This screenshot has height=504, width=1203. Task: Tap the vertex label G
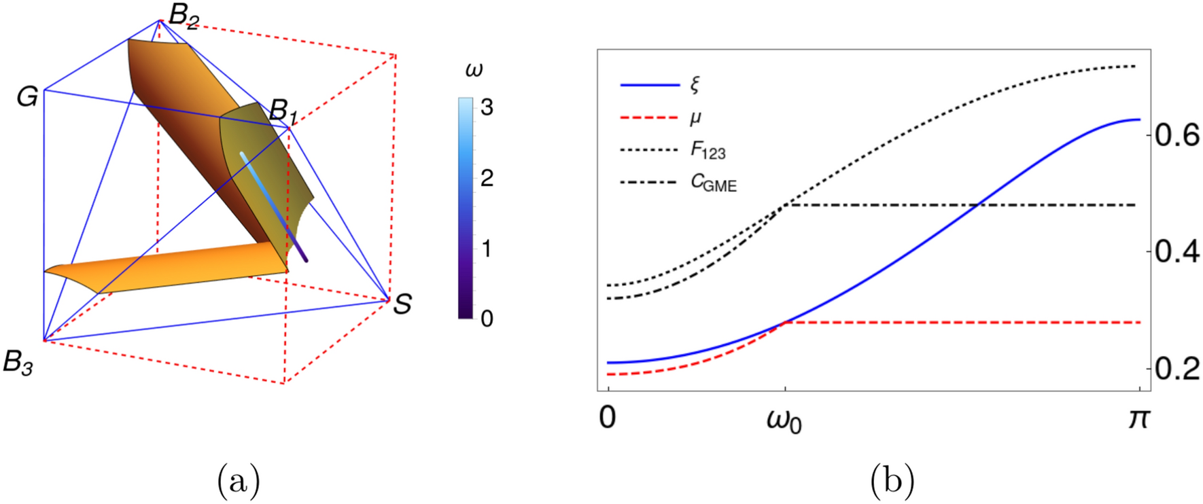[x=27, y=97]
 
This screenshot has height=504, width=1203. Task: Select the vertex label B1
[x=283, y=111]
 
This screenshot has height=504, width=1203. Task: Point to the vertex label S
[x=402, y=304]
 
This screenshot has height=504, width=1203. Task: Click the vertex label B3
[x=18, y=363]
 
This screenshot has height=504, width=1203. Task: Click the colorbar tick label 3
[x=487, y=107]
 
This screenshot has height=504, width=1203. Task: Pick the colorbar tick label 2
[x=487, y=178]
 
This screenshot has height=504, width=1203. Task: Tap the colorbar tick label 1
[x=487, y=249]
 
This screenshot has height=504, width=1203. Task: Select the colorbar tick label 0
[x=487, y=319]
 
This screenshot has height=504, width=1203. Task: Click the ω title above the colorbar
[x=474, y=70]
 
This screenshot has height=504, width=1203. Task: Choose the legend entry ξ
[x=695, y=85]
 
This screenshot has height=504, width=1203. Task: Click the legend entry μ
[x=695, y=118]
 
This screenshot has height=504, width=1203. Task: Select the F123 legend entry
[x=708, y=150]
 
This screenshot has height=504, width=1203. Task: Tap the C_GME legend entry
[x=713, y=183]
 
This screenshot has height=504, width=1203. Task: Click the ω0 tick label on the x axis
[x=784, y=421]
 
